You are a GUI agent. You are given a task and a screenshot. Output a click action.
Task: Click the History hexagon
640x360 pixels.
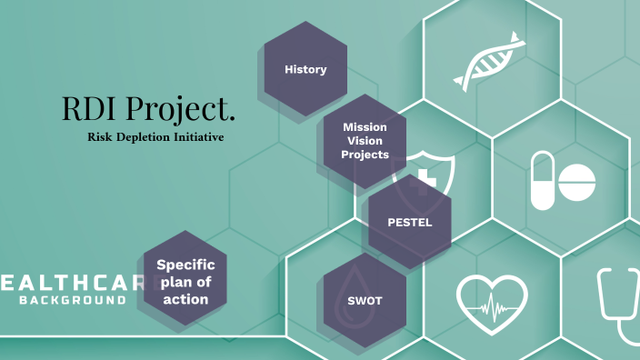(305, 69)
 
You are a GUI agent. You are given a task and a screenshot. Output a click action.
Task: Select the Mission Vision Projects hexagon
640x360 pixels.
(365, 141)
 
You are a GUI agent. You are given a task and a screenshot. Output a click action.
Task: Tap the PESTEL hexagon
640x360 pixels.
(409, 222)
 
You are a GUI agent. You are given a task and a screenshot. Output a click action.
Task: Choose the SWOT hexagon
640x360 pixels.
(364, 301)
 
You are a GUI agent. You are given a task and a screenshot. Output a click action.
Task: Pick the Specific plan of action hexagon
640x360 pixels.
(185, 281)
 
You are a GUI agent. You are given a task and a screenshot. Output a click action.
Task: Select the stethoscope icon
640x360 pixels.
(617, 305)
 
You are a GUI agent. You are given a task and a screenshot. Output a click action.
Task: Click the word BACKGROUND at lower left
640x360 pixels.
(73, 299)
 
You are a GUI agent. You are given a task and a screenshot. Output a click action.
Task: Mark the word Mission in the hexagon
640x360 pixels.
(365, 127)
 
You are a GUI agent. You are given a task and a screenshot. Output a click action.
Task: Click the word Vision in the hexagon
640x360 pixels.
(365, 141)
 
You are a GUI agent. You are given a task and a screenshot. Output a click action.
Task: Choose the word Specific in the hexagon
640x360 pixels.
(185, 265)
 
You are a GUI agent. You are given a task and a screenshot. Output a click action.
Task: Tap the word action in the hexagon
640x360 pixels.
(185, 298)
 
